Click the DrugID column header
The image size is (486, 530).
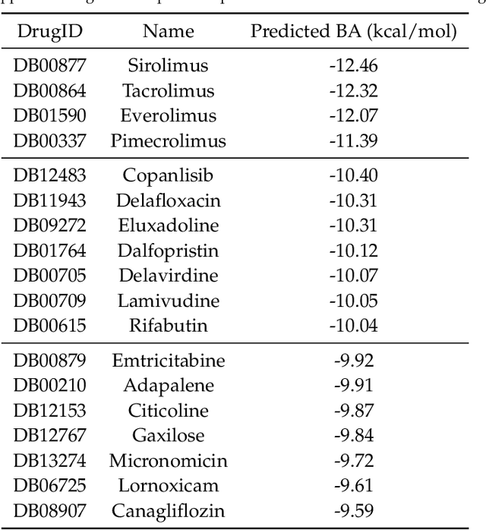point(49,31)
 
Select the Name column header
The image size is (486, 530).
point(168,31)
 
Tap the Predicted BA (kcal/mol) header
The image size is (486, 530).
point(354,31)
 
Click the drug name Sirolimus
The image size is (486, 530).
point(168,65)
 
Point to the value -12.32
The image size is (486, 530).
point(353,90)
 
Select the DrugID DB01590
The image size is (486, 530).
point(49,115)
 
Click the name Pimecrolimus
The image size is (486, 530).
point(168,140)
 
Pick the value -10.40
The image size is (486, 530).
point(353,175)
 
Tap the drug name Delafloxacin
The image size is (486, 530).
point(168,200)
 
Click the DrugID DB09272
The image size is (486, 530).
point(49,226)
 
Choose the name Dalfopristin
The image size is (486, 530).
point(168,251)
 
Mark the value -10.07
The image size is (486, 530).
point(353,275)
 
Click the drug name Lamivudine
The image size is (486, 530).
point(168,300)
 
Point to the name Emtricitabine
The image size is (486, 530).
point(168,360)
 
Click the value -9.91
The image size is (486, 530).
point(353,385)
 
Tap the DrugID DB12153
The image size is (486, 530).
point(49,410)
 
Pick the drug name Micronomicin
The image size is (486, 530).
point(168,460)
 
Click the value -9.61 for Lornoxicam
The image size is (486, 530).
point(353,485)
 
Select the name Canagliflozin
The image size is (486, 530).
point(168,510)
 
